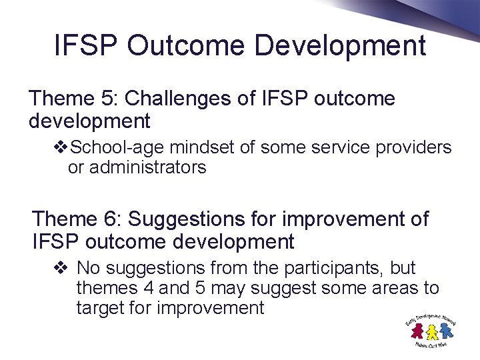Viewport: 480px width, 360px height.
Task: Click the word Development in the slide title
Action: tap(341, 46)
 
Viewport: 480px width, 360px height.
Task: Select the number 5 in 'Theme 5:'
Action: tap(107, 99)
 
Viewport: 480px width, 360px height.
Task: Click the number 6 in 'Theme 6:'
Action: tap(111, 219)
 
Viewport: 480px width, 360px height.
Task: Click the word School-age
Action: tap(110, 147)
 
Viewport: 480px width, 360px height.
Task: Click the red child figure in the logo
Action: tap(418, 331)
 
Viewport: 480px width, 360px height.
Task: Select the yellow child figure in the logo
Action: tap(432, 331)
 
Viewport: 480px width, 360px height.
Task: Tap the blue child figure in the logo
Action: tap(446, 330)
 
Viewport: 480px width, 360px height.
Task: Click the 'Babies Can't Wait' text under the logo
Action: tap(430, 344)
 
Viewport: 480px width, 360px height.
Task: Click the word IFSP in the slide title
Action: tap(85, 46)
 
